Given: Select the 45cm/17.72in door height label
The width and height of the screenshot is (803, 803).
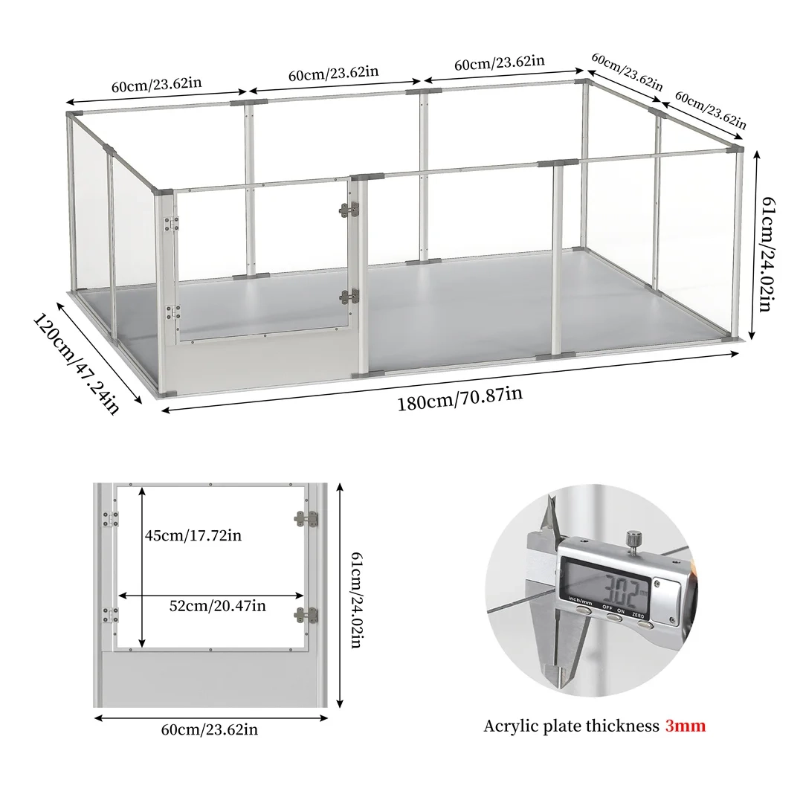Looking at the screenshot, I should pos(193,535).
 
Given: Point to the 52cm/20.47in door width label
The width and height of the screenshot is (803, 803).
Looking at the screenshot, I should pos(217,606).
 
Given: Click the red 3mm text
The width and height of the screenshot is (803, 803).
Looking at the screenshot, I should pos(685,726).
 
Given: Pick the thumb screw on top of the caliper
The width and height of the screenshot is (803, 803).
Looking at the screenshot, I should pos(633,537).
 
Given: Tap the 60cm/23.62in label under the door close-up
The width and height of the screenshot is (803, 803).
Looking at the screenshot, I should pos(210,729).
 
